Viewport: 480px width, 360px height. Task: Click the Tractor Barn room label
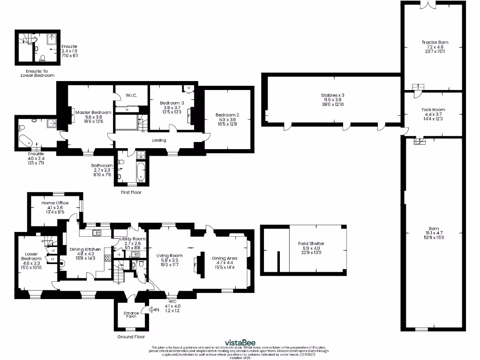435,42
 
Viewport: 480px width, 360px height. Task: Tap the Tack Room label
433,110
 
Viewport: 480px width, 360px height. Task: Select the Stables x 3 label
333,95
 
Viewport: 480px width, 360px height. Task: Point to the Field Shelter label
311,244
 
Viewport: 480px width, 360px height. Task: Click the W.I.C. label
131,95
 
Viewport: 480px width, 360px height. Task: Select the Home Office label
55,203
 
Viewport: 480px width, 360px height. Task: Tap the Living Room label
170,255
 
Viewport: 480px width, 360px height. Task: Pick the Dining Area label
225,258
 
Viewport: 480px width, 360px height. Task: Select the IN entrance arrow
154,309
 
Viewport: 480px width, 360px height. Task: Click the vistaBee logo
240,342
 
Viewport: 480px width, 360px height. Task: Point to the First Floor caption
131,192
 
